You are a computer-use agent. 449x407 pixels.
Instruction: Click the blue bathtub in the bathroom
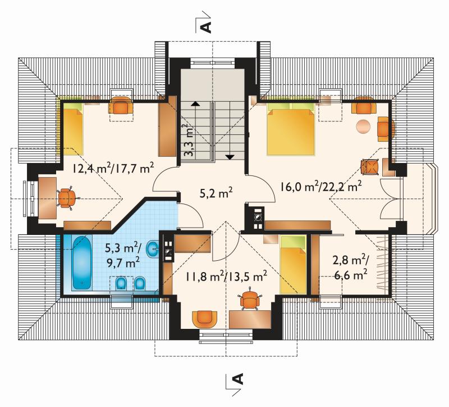pos(82,263)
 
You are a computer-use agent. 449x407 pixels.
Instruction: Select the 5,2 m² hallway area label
pos(216,193)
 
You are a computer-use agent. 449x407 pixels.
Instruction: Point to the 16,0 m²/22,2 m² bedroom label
pos(320,187)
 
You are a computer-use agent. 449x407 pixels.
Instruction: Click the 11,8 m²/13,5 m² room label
pos(226,277)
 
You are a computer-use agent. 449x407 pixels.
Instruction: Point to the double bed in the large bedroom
pos(291,129)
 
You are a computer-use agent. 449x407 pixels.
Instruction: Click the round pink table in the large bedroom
pos(363,125)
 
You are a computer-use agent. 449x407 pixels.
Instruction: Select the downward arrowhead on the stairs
pos(230,157)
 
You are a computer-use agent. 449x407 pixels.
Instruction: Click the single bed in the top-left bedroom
pos(73,128)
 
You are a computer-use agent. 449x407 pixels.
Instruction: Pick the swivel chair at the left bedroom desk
pos(67,198)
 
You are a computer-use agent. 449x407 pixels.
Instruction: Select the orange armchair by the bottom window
pos(204,318)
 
